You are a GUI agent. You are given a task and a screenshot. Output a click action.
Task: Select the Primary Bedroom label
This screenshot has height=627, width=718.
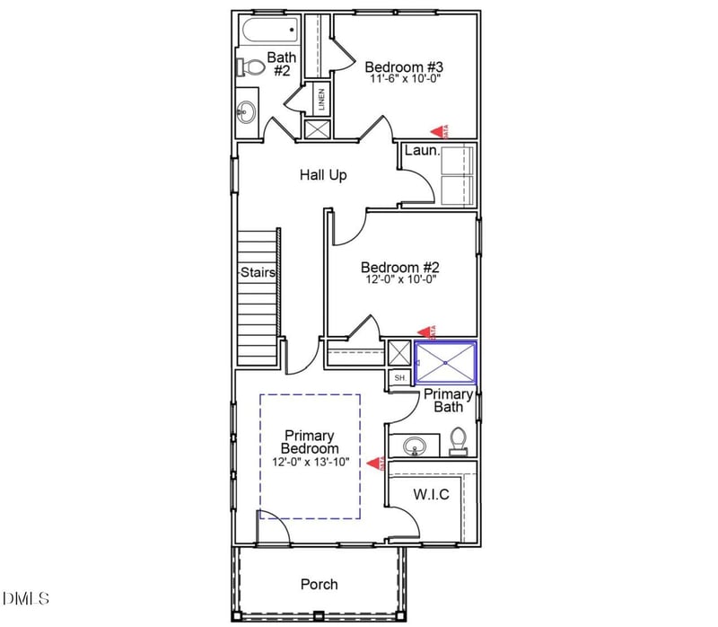tap(310, 442)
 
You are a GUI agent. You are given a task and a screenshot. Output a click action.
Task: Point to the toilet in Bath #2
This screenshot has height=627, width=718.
tap(250, 66)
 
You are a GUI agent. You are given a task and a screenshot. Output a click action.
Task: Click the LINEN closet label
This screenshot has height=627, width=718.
tap(320, 99)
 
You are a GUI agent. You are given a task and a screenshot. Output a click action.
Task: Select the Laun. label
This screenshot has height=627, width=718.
tap(422, 151)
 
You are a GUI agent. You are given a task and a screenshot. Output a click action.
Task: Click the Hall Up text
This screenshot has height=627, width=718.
tap(323, 175)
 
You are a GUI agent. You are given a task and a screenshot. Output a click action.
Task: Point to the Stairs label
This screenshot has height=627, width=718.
tap(257, 272)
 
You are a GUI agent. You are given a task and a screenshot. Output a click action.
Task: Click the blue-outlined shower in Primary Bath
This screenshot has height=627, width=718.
tap(445, 363)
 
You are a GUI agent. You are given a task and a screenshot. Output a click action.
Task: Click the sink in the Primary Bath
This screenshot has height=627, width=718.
tap(414, 445)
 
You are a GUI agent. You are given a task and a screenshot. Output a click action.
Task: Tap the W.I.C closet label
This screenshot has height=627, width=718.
tap(430, 494)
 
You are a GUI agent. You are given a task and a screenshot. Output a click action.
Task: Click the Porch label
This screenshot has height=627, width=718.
tap(319, 584)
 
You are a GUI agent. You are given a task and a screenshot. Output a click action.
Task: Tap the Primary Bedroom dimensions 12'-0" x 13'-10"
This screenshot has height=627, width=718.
tap(310, 462)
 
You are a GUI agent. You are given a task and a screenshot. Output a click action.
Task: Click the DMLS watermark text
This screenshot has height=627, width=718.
tap(26, 598)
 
